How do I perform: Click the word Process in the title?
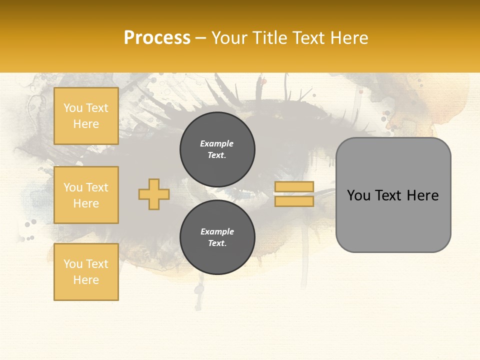coord(157,38)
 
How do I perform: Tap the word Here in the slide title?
coord(347,38)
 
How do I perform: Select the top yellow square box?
coord(86,116)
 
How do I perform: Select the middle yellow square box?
coord(86,195)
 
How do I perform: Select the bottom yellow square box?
coord(86,272)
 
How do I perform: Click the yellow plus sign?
coord(154,194)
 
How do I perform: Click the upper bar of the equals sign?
coord(294,187)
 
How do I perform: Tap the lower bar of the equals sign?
coord(294,201)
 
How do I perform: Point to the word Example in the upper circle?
coord(216,143)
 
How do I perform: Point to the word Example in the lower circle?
coord(217,231)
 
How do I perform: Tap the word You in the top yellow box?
coord(73,108)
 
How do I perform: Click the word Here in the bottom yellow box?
coord(86,280)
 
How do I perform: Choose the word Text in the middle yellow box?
coord(97,187)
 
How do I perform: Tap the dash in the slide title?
coord(201,38)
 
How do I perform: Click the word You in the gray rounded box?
coord(358,195)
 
